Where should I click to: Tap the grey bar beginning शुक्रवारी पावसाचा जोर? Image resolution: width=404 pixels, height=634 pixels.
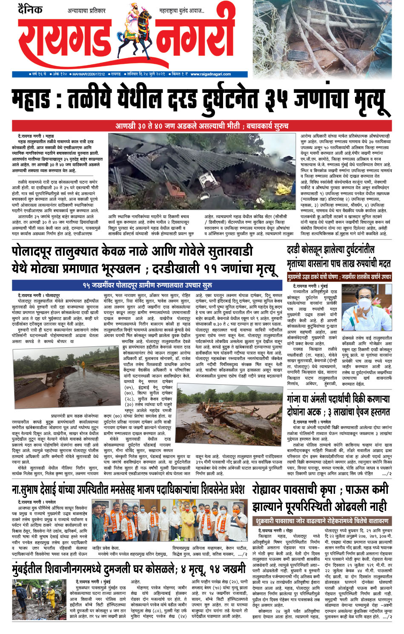pyautogui.click(x=322, y=521)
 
